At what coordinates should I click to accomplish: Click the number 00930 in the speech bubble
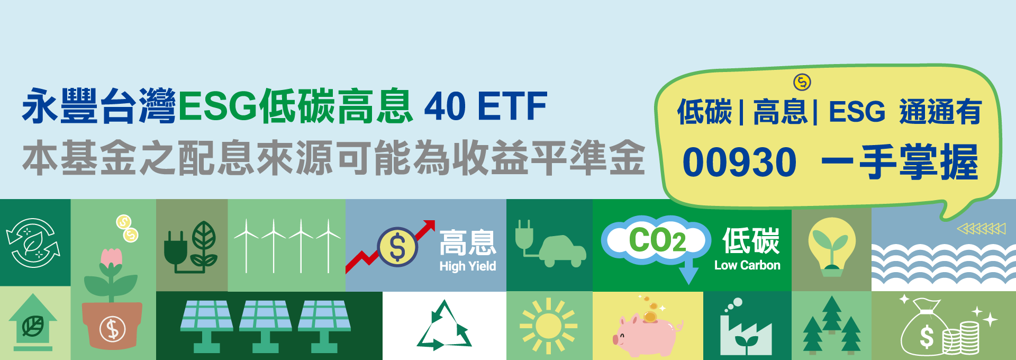[x=739, y=162]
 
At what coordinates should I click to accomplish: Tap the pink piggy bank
[x=647, y=333]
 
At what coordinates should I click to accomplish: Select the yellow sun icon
[x=548, y=326]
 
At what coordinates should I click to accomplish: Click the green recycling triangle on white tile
[x=444, y=326]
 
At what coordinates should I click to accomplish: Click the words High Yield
[x=468, y=266]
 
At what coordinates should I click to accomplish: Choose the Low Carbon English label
[x=747, y=265]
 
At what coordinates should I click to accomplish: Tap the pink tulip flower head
[x=111, y=257]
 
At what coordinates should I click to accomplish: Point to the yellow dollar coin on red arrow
[x=397, y=247]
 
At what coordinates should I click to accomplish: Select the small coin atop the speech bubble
[x=802, y=82]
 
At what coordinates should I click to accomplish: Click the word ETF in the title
[x=512, y=106]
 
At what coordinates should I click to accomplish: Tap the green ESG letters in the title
[x=217, y=106]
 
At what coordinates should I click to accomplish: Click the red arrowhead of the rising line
[x=429, y=226]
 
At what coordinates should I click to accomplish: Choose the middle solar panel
[x=265, y=326]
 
